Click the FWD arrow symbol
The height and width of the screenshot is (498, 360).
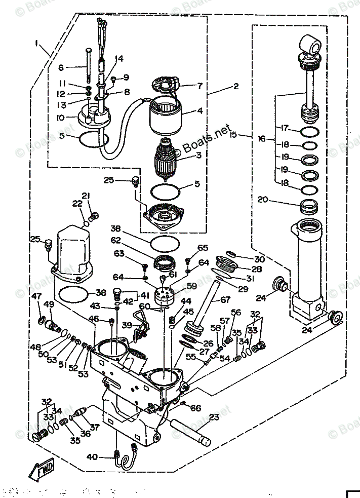point(43,471)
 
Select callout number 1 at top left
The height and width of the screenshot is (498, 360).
point(38,44)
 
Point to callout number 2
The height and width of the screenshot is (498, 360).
point(235,87)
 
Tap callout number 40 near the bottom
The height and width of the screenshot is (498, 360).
point(92,457)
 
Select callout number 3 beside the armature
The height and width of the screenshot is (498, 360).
point(199,155)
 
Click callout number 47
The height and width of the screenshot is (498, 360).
point(36,296)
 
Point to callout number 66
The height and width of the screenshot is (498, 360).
point(195,408)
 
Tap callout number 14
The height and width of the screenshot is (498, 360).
point(118,58)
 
